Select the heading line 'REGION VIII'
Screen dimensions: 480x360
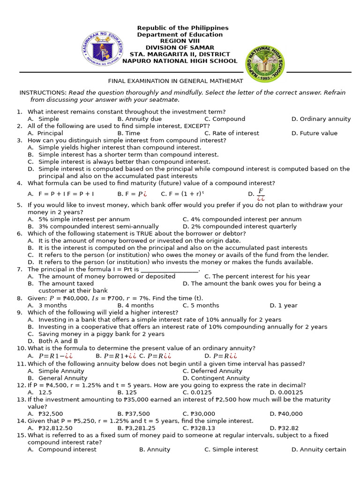[180, 41]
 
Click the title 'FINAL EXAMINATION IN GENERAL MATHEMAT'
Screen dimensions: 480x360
[176, 81]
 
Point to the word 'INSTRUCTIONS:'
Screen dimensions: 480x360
[43, 93]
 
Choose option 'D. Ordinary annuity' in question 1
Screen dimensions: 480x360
[321, 119]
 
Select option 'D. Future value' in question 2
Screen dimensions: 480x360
[314, 133]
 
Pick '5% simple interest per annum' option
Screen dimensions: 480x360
[84, 219]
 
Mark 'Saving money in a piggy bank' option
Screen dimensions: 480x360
[101, 334]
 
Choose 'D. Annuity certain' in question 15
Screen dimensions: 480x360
[318, 450]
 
